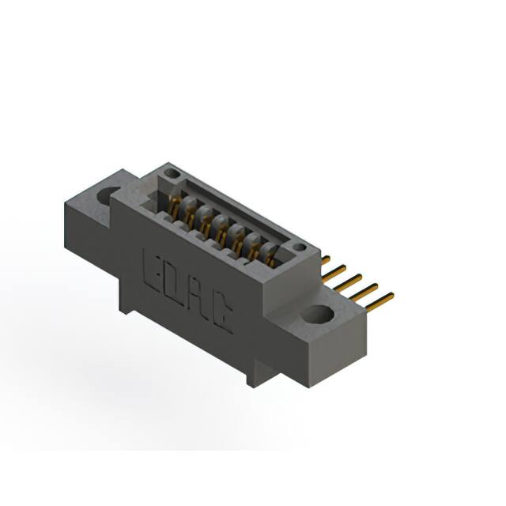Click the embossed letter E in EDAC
(152, 270)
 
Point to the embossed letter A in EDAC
(196, 297)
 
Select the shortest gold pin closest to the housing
(325, 259)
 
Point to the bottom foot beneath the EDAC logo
(253, 376)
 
